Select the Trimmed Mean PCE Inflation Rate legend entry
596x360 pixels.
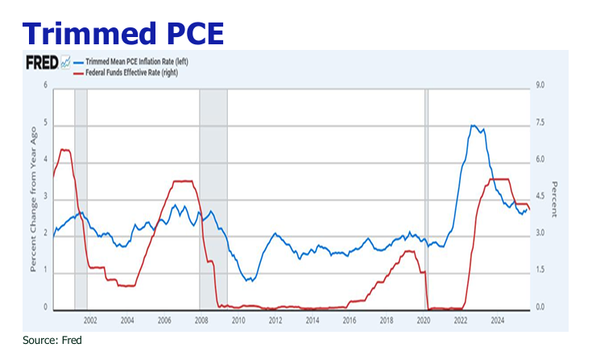142,61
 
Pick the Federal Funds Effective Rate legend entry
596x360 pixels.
136,72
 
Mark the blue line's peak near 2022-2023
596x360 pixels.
474,126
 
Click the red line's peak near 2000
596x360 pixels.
65,150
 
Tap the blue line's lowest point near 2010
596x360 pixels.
250,281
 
